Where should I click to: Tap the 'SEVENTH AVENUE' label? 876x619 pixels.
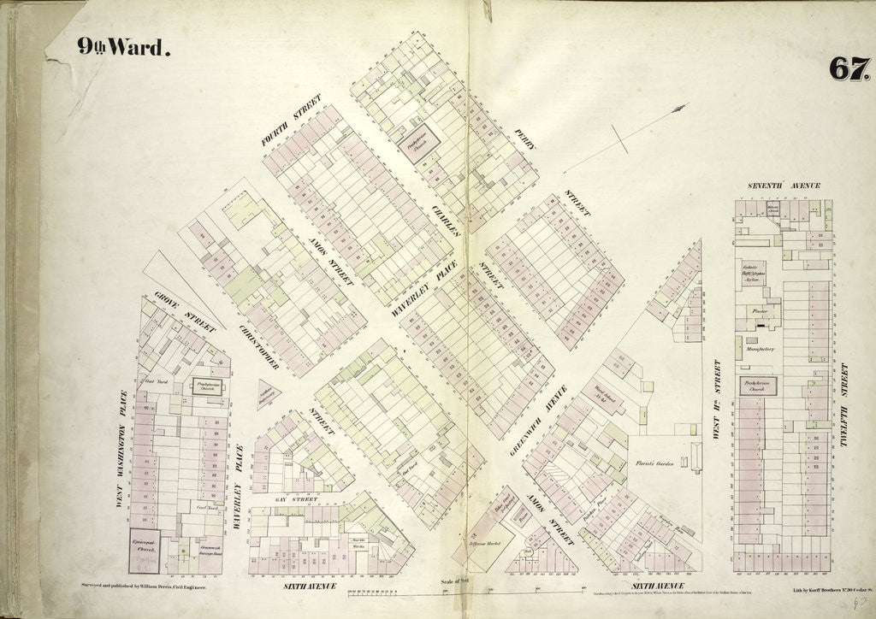pyautogui.click(x=784, y=186)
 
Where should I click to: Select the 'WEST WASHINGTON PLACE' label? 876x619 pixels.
pyautogui.click(x=123, y=449)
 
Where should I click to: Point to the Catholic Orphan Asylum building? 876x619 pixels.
pyautogui.click(x=753, y=274)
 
